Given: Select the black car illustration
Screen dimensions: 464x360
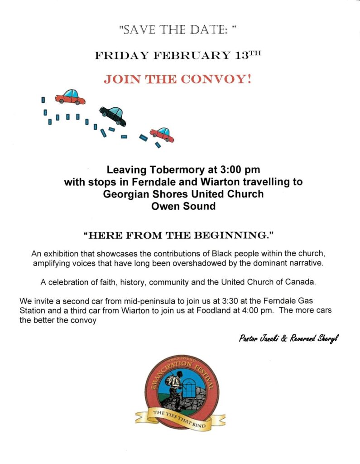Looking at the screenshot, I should coord(113,116).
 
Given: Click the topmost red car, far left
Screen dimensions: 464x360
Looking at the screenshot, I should coord(70,97).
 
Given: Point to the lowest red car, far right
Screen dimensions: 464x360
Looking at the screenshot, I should coord(162,134).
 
